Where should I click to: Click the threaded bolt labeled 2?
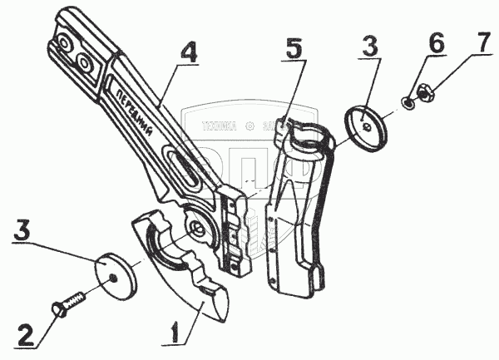[69, 302]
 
